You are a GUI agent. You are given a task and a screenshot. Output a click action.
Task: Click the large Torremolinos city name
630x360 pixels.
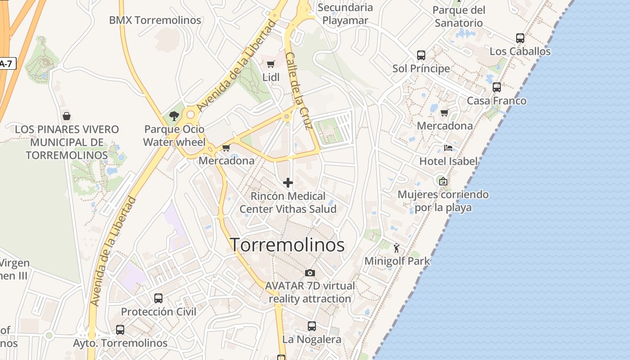click(x=288, y=245)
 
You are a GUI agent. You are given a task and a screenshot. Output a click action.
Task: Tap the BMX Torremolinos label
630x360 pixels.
click(x=155, y=20)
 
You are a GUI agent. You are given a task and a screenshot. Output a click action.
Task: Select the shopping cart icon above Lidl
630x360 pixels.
click(x=270, y=64)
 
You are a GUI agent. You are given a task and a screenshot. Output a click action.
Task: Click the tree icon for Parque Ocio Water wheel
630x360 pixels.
click(x=174, y=116)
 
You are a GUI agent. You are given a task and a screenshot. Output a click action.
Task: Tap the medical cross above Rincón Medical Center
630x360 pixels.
click(x=288, y=183)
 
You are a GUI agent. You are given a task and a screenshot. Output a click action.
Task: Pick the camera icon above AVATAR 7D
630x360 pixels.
click(x=310, y=273)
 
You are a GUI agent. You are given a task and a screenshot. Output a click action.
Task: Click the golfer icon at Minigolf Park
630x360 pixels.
click(x=396, y=248)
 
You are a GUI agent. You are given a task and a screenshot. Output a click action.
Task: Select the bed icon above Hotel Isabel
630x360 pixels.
click(x=448, y=148)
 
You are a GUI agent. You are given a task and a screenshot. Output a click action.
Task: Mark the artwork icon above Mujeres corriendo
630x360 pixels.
click(x=443, y=181)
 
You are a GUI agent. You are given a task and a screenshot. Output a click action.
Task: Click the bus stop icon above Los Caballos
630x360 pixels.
click(x=520, y=38)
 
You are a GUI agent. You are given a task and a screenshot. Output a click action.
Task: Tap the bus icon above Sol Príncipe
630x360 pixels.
click(x=421, y=55)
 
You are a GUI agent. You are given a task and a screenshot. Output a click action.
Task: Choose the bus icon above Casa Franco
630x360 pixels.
click(x=497, y=87)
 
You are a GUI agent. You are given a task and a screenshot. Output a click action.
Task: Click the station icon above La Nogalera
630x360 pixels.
click(x=312, y=326)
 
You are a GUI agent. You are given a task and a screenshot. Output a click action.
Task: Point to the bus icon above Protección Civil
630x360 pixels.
click(x=158, y=298)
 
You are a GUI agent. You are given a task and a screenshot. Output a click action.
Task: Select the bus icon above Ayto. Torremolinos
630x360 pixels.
click(x=120, y=330)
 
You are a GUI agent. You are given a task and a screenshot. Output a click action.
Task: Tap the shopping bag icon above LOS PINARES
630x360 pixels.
click(x=67, y=116)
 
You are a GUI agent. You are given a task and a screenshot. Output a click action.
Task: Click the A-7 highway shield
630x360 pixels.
click(x=6, y=64)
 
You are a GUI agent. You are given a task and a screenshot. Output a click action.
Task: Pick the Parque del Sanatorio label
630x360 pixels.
click(x=459, y=16)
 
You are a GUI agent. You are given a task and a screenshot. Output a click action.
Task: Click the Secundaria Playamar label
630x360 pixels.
click(x=345, y=13)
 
